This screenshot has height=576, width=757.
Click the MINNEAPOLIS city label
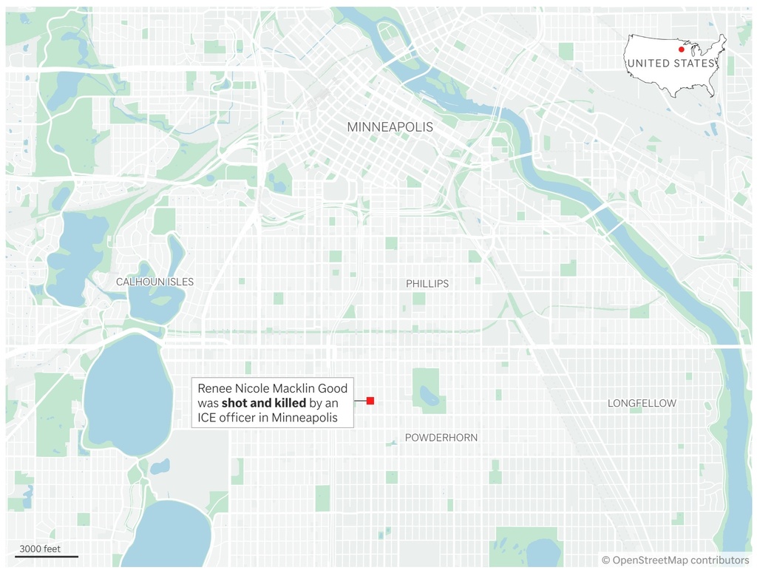pos(390,127)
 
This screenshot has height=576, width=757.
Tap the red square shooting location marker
pos(370,401)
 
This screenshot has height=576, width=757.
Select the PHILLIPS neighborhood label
pos(427,284)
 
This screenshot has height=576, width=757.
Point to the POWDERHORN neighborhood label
pos(441,438)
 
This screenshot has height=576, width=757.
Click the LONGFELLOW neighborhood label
pos(642,403)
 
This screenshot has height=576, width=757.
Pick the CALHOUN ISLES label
pos(155,282)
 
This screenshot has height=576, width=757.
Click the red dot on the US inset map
pos(681,50)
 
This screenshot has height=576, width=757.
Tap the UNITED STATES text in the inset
pos(671,64)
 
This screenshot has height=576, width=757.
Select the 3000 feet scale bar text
pos(40,549)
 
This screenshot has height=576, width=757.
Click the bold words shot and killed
pos(263,403)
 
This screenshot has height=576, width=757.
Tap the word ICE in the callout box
pos(208,418)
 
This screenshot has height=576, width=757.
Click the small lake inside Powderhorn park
pos(428,398)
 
